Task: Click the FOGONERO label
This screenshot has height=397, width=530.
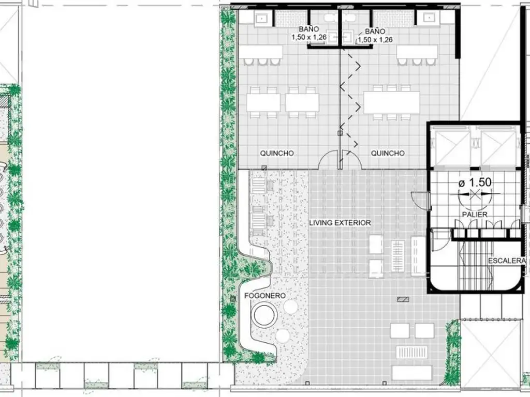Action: point(264,296)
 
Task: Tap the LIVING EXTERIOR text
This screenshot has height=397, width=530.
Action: point(340,223)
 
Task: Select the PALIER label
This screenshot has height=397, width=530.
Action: point(475,215)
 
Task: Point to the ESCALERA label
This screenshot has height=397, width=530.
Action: point(507,261)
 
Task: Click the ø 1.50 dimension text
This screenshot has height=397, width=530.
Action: point(475,182)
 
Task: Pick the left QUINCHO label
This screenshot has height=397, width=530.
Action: point(277,153)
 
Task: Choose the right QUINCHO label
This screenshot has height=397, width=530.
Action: point(388,153)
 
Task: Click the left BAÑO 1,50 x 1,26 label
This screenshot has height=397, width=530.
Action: point(309,34)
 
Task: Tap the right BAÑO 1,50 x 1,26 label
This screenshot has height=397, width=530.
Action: point(375,36)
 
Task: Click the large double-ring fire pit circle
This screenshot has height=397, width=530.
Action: point(266,315)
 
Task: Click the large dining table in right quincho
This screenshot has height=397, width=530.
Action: point(391,102)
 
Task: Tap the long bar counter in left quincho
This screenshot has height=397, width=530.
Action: point(261,52)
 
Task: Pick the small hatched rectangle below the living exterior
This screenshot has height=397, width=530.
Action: point(403,299)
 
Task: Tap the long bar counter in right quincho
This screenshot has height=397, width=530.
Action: point(417,52)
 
